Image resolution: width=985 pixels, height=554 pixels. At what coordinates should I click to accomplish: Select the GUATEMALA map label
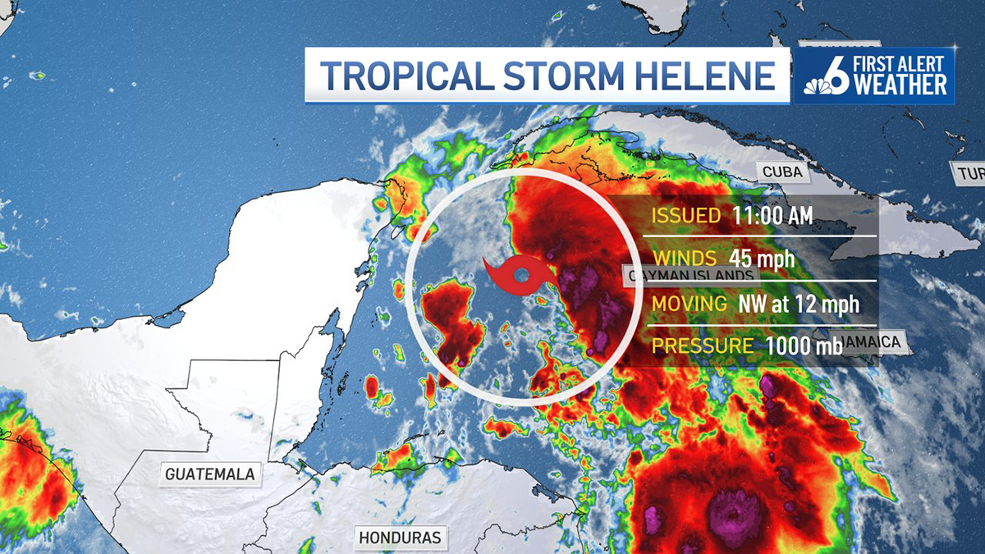(209, 474)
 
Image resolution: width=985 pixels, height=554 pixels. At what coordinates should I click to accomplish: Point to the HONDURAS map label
(401, 538)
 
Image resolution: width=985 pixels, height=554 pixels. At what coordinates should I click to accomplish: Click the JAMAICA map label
(874, 342)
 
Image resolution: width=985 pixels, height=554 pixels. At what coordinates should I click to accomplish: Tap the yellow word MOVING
(689, 303)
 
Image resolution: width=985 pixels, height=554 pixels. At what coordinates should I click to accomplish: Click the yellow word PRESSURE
(702, 346)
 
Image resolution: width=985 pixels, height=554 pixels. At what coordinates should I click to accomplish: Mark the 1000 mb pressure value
(804, 346)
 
